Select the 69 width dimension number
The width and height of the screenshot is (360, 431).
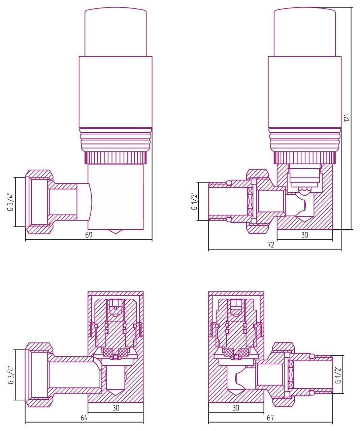pyautogui.click(x=89, y=235)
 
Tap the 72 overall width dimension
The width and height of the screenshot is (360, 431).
pyautogui.click(x=270, y=245)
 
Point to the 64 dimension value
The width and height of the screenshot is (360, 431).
pyautogui.click(x=84, y=418)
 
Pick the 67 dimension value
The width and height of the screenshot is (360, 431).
pyautogui.click(x=270, y=418)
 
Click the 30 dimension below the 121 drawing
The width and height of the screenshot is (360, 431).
pyautogui.click(x=304, y=235)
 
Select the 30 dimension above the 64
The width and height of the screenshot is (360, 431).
pyautogui.click(x=116, y=408)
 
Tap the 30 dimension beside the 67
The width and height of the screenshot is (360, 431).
pyautogui.click(x=236, y=408)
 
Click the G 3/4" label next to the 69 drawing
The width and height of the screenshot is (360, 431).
pyautogui.click(x=11, y=202)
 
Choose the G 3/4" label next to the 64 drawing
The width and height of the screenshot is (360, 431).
pyautogui.click(x=11, y=374)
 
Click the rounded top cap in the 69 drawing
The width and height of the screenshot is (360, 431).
pyautogui.click(x=116, y=32)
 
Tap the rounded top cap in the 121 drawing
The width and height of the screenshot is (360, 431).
pyautogui.click(x=305, y=32)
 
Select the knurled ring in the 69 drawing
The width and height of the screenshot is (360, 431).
pyautogui.click(x=116, y=158)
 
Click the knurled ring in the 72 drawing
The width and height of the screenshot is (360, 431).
pyautogui.click(x=305, y=158)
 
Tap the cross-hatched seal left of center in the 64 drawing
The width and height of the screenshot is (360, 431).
pyautogui.click(x=108, y=353)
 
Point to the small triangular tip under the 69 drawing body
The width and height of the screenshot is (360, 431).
pyautogui.click(x=116, y=232)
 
